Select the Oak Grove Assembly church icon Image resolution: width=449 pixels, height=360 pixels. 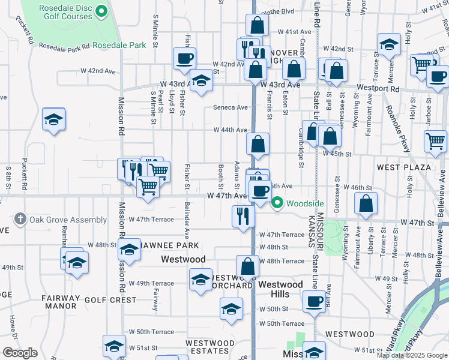pyautogui.click(x=20, y=220)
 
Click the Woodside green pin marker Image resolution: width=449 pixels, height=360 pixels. pyautogui.click(x=277, y=203)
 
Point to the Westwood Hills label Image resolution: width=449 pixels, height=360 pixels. pyautogui.click(x=281, y=289)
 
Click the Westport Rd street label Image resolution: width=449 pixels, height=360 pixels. pyautogui.click(x=378, y=88)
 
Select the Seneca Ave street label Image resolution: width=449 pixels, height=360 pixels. pyautogui.click(x=231, y=108)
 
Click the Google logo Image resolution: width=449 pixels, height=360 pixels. pyautogui.click(x=20, y=353)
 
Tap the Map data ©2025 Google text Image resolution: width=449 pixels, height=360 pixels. pyautogui.click(x=411, y=355)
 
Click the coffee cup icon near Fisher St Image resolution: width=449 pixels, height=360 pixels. pyautogui.click(x=184, y=59)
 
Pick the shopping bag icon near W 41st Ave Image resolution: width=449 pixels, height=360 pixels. pyautogui.click(x=257, y=25)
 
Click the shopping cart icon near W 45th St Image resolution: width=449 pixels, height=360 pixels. pyautogui.click(x=436, y=141)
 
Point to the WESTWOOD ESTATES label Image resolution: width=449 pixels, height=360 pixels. pyautogui.click(x=209, y=347)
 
